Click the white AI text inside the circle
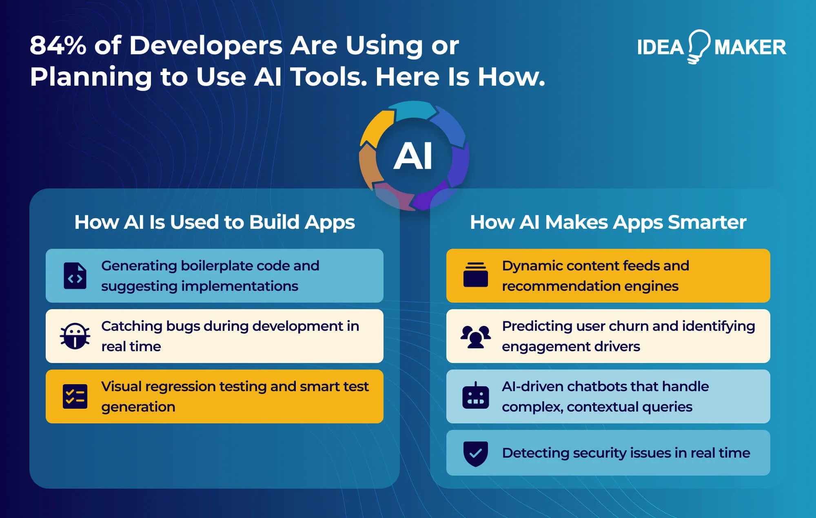click(x=413, y=156)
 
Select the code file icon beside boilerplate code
click(x=75, y=276)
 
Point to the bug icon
click(x=75, y=336)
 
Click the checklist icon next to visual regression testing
click(x=75, y=396)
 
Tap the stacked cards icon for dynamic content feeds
click(x=476, y=275)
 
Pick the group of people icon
click(x=476, y=336)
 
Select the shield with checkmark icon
click(x=476, y=453)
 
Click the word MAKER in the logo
click(x=750, y=47)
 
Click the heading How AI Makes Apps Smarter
click(x=608, y=223)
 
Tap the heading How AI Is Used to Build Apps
click(x=215, y=223)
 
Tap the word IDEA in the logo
click(x=660, y=47)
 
